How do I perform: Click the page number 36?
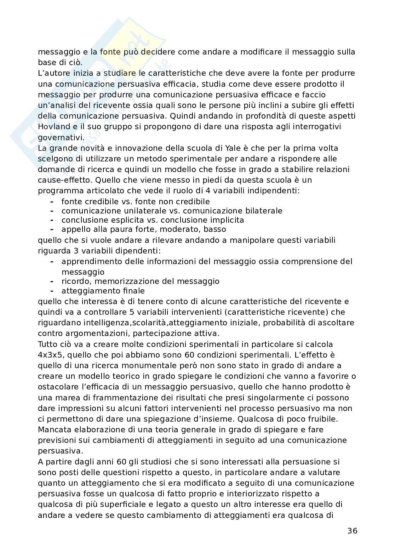click(352, 531)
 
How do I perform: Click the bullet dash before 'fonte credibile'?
click(52, 201)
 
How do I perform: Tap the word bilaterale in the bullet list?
click(263, 211)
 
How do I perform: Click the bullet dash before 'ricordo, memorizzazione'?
click(52, 281)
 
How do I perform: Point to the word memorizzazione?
click(133, 281)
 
